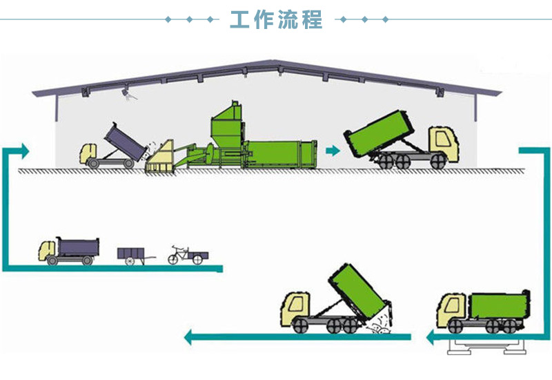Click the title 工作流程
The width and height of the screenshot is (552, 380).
[x=276, y=19]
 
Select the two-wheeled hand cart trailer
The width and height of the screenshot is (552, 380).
[x=132, y=254]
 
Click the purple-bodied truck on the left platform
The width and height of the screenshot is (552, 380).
[x=69, y=251]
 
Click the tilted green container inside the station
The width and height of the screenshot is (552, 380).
[x=377, y=133]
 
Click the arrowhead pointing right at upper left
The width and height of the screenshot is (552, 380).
[x=24, y=150]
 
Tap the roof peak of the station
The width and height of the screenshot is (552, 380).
[x=277, y=64]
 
